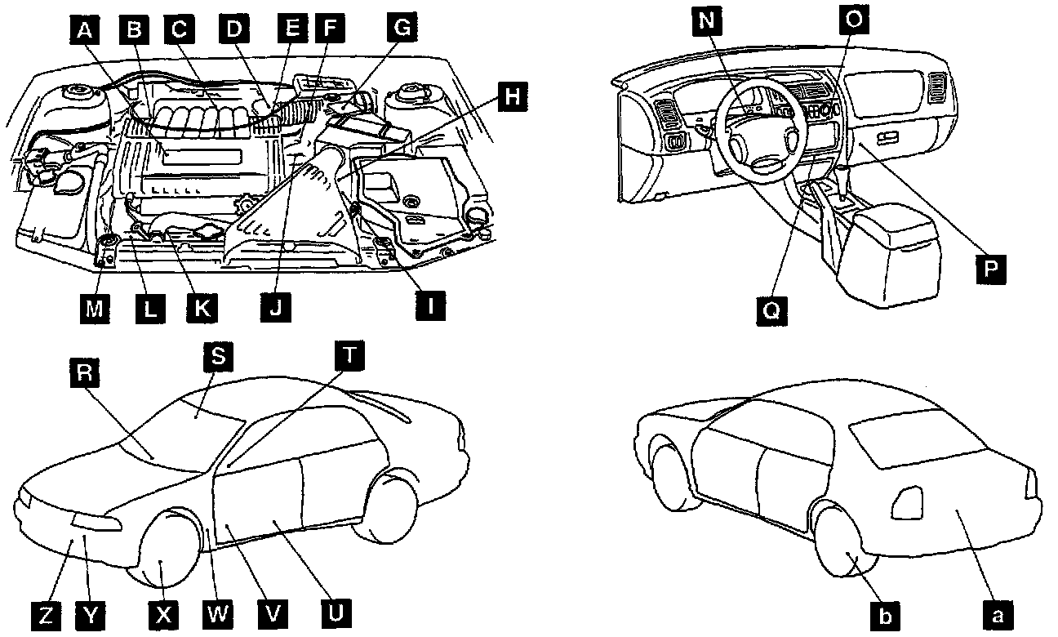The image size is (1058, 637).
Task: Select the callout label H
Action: (510, 97)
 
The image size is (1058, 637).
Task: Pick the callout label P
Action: (991, 269)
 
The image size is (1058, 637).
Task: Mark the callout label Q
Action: (771, 311)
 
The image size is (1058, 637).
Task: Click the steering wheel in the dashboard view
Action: (756, 131)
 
